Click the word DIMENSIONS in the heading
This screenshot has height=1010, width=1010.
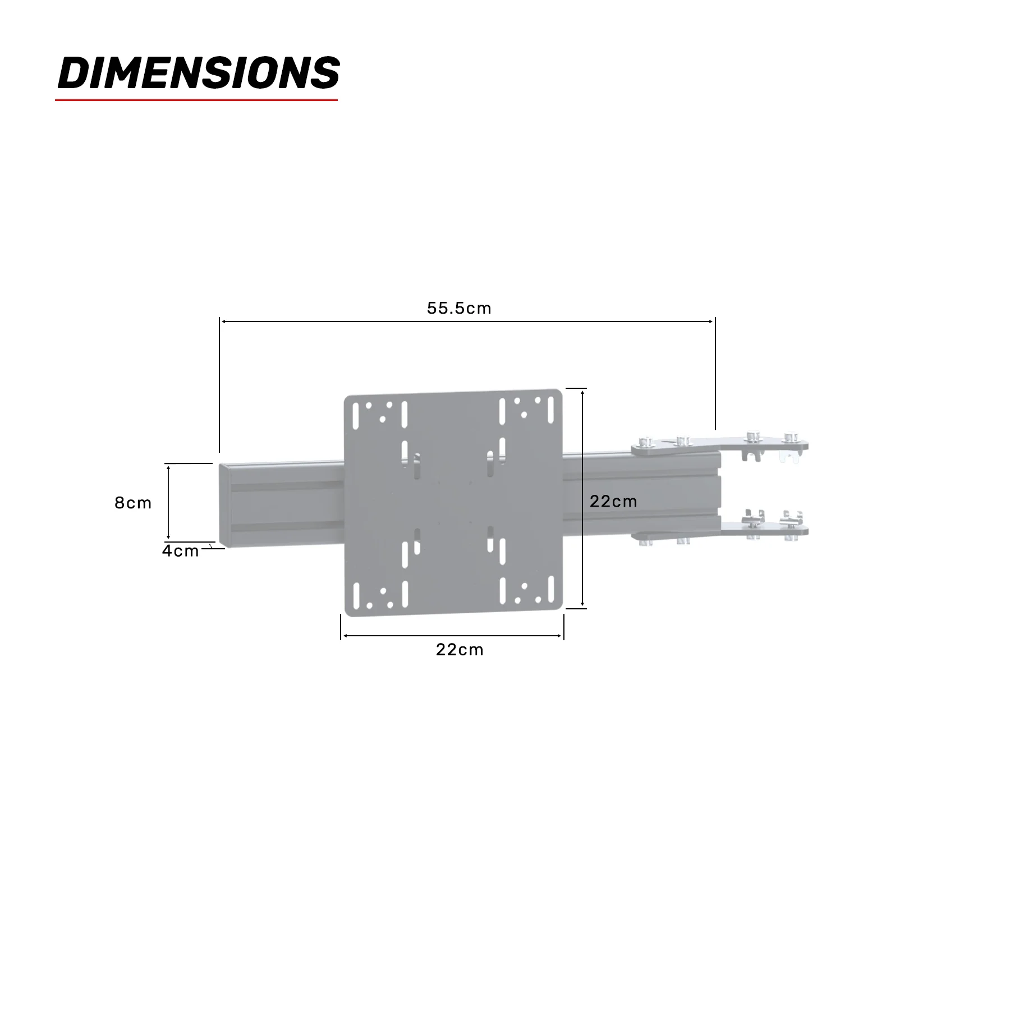click(199, 72)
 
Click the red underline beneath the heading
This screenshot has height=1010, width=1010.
click(196, 100)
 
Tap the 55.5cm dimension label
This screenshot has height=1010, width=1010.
click(459, 308)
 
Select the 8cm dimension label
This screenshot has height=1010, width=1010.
click(133, 503)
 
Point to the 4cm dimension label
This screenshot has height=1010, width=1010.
click(180, 551)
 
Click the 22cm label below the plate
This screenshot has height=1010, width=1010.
click(460, 649)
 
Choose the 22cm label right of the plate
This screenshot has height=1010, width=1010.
click(613, 501)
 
